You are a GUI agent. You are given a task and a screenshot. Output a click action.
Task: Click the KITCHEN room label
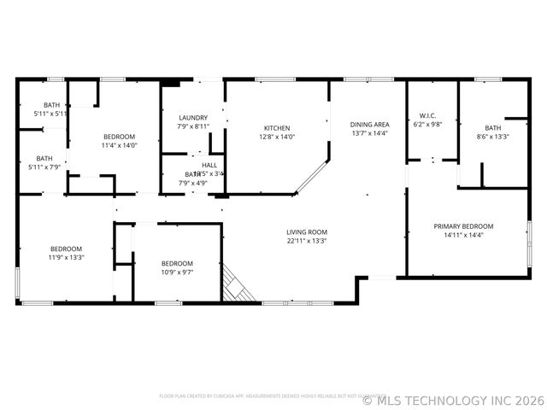pos(276,128)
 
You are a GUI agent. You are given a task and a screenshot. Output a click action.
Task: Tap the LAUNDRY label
pos(193,118)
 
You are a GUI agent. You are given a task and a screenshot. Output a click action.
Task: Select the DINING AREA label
pos(369,124)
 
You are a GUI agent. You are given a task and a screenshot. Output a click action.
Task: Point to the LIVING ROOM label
pos(307,231)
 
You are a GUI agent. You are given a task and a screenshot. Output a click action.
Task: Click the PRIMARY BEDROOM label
pos(463,226)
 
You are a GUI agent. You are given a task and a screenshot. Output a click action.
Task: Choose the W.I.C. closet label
pos(427,115)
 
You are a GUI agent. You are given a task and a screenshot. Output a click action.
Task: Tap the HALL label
pos(209,165)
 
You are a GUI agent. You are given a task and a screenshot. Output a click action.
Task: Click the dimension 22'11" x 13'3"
pos(307,241)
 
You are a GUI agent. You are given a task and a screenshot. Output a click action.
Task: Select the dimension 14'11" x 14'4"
pos(463,235)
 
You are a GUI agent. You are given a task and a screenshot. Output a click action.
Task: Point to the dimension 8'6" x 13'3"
pos(493,137)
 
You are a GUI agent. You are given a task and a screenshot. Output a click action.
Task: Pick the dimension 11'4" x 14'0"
pos(120,145)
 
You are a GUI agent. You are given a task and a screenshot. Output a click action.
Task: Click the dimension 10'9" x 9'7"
pos(177,272)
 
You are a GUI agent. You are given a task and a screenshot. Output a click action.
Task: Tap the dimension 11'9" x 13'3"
pos(66,257)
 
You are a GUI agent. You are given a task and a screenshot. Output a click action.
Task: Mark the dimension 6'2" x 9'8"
pos(427,125)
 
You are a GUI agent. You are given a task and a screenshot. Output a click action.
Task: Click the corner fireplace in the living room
pos(237,285)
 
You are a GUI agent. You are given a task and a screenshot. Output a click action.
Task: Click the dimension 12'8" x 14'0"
pos(276,137)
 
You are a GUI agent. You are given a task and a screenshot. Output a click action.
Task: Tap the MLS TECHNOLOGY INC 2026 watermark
pos(453,399)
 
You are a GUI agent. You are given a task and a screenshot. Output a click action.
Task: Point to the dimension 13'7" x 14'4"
pos(369,132)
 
